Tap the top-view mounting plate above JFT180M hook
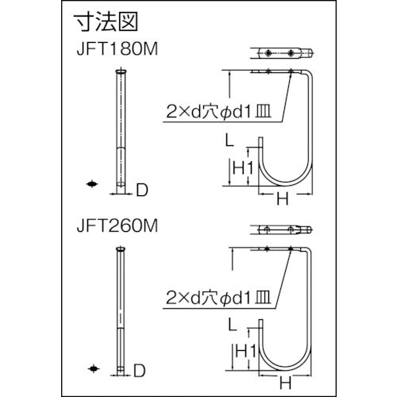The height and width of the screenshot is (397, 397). tap(283, 53)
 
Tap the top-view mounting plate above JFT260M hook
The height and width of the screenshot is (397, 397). tap(283, 231)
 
